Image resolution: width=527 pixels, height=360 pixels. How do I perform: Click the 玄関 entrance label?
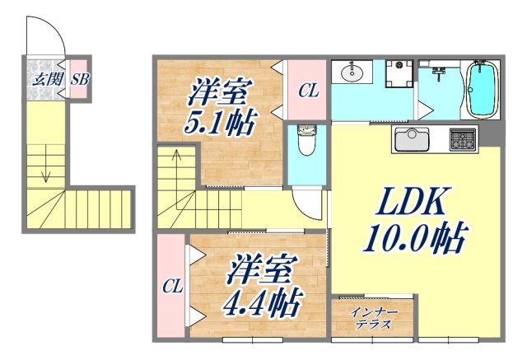point(42,80)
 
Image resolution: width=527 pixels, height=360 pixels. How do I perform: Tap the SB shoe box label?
point(79,80)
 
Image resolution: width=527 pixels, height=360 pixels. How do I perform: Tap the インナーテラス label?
point(374,318)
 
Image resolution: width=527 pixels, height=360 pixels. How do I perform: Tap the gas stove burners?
point(463,140)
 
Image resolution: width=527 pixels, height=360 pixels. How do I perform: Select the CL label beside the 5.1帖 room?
point(307,91)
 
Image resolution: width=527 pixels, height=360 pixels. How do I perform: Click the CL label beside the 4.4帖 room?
point(171,287)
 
